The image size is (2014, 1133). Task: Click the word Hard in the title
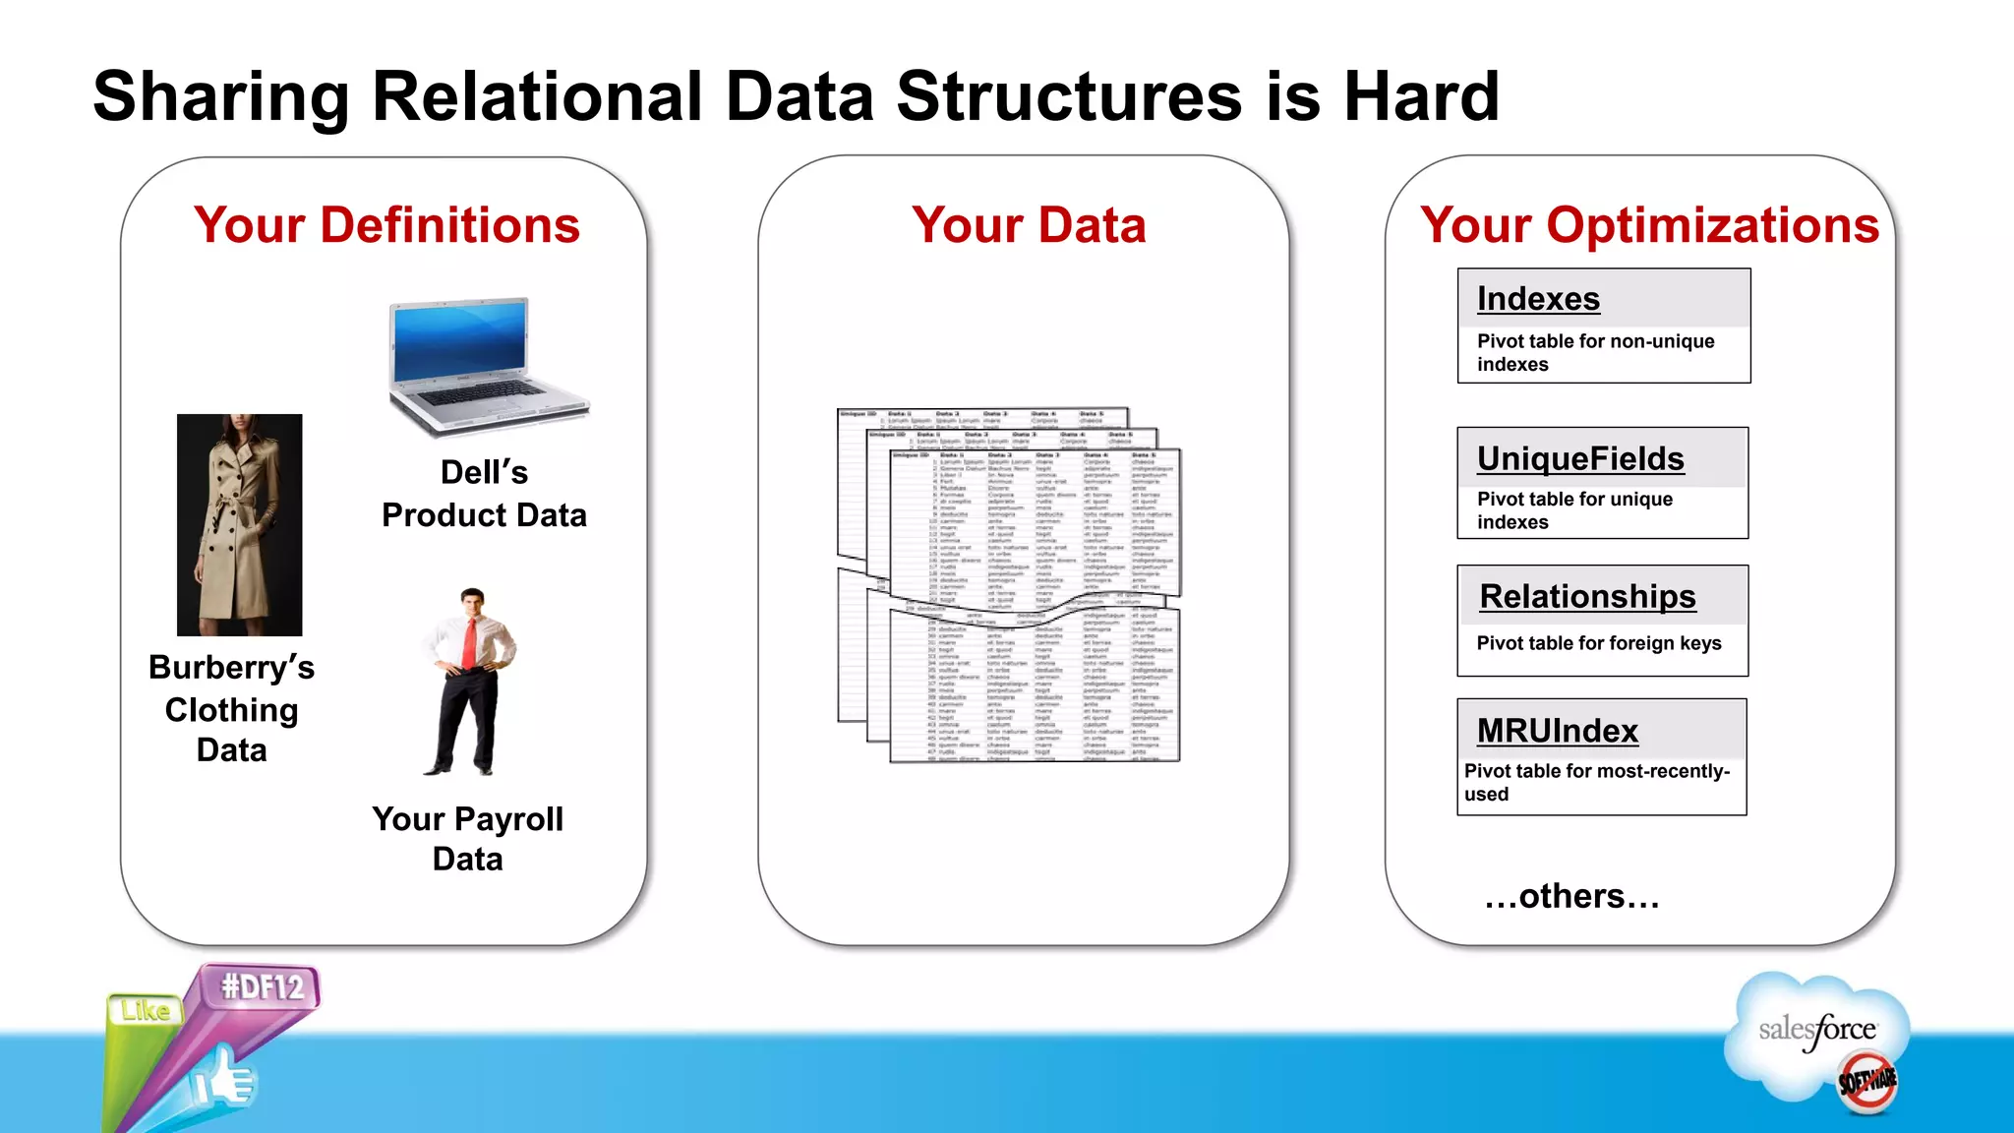(x=1421, y=97)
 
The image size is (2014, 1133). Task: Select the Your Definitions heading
(x=386, y=225)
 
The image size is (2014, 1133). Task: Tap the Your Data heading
(x=1029, y=225)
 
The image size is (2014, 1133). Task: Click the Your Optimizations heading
(x=1649, y=225)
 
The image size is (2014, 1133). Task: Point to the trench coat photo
(x=239, y=524)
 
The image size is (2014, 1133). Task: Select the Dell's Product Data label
(x=484, y=494)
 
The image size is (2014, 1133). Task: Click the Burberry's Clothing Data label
(x=231, y=708)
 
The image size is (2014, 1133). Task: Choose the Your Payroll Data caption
(x=468, y=838)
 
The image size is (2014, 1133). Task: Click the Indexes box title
(x=1538, y=299)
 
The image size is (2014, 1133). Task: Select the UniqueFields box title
(x=1580, y=458)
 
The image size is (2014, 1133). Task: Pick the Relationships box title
(x=1587, y=596)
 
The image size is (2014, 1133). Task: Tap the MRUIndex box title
(x=1557, y=731)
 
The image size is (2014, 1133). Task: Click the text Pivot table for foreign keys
(x=1598, y=643)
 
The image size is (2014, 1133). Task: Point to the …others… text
(x=1571, y=896)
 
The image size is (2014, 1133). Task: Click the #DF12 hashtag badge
(x=262, y=986)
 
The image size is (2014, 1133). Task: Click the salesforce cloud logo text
(x=1816, y=1031)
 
